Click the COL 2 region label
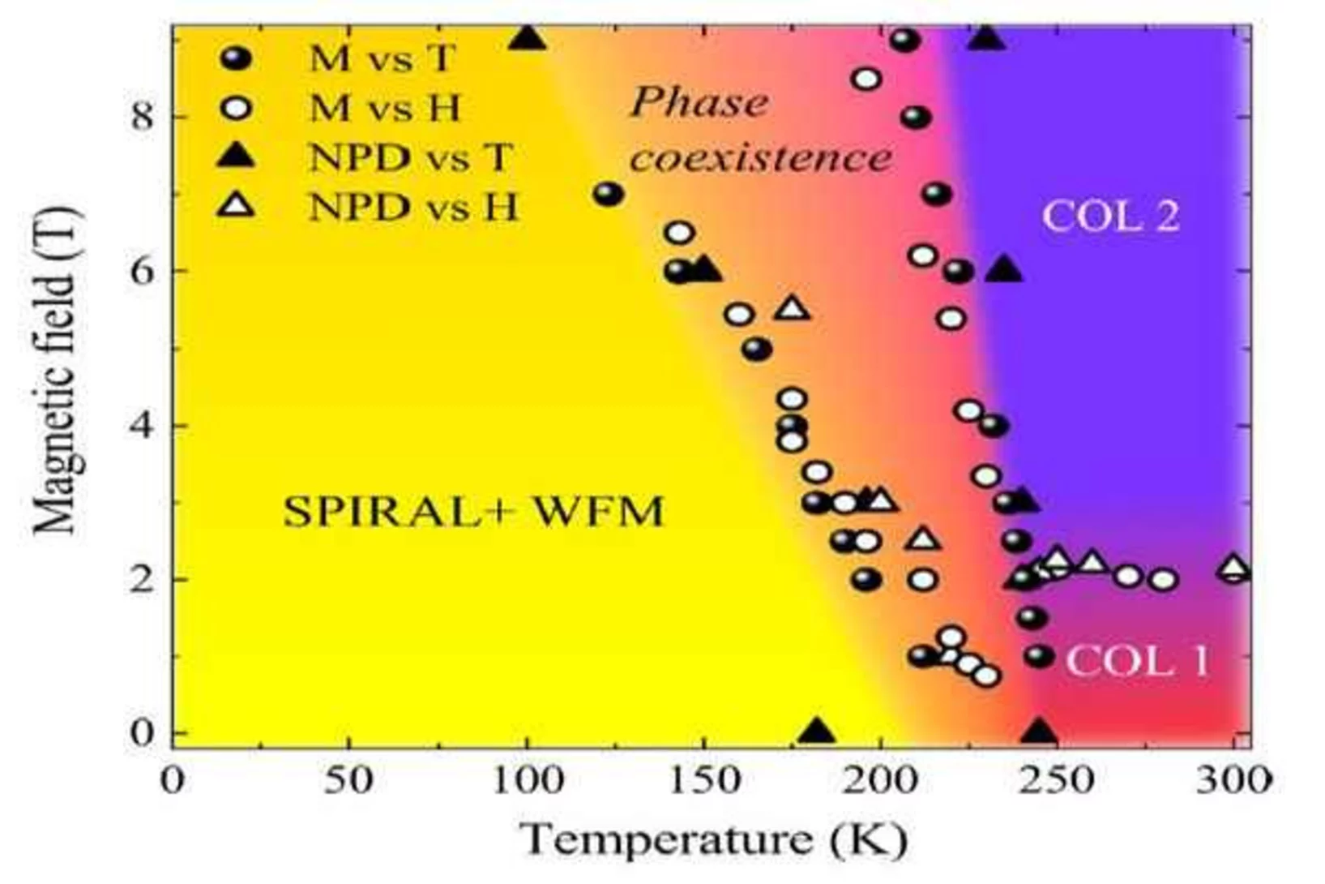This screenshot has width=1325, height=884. point(1110,217)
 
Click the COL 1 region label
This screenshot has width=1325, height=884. point(1136,661)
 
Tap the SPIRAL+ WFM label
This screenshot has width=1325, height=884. point(473,512)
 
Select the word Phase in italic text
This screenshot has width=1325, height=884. point(699,103)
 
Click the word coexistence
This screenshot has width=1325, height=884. point(761,157)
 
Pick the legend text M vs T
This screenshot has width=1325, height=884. point(383,58)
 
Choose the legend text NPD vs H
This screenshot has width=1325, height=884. point(412,208)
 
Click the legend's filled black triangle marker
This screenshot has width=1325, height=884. point(237,155)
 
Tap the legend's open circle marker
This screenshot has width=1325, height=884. point(237,108)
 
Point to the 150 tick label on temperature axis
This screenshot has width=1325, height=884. point(703,780)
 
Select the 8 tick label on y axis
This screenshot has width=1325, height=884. point(142,117)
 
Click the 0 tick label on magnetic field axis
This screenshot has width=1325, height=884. point(142,733)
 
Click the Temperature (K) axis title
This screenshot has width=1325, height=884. point(713,839)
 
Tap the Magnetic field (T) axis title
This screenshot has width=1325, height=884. point(57,371)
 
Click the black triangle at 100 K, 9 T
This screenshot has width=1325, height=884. point(528,37)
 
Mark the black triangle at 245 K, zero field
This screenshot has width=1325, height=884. point(1039,732)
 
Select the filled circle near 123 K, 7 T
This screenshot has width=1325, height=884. point(608,194)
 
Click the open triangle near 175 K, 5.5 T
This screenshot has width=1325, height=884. point(792,308)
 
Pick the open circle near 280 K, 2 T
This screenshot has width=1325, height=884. point(1164,580)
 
